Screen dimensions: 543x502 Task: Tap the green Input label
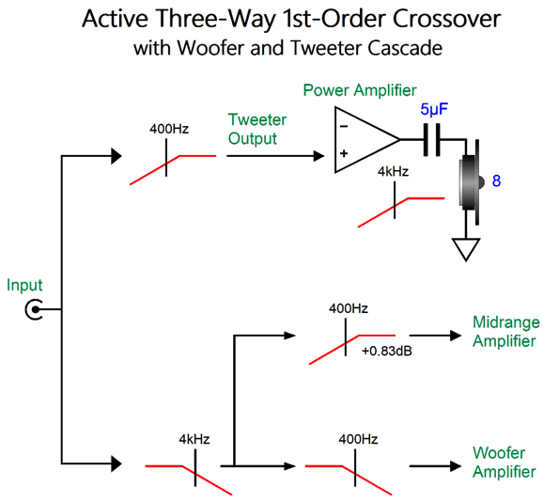24,286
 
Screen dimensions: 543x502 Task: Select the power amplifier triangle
367,140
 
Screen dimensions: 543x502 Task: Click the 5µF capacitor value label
434,110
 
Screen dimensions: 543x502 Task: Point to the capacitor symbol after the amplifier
432,140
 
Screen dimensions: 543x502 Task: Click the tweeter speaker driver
471,182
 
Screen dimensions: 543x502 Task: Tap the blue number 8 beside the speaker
496,181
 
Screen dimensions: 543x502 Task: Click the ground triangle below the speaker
466,249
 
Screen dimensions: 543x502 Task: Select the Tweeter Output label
257,129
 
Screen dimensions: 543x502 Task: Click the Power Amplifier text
360,90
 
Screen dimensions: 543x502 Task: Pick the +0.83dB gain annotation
387,352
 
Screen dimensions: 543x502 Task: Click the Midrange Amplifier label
506,332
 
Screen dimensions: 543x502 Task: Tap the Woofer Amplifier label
504,463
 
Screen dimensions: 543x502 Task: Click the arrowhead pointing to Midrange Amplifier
456,336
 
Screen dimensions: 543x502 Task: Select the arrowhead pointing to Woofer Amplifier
456,466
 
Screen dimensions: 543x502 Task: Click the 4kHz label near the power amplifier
393,171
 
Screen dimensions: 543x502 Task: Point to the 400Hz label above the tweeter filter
169,129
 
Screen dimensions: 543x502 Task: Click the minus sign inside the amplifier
344,127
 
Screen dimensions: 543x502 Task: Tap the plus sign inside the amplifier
344,153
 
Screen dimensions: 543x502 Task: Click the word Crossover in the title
446,19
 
